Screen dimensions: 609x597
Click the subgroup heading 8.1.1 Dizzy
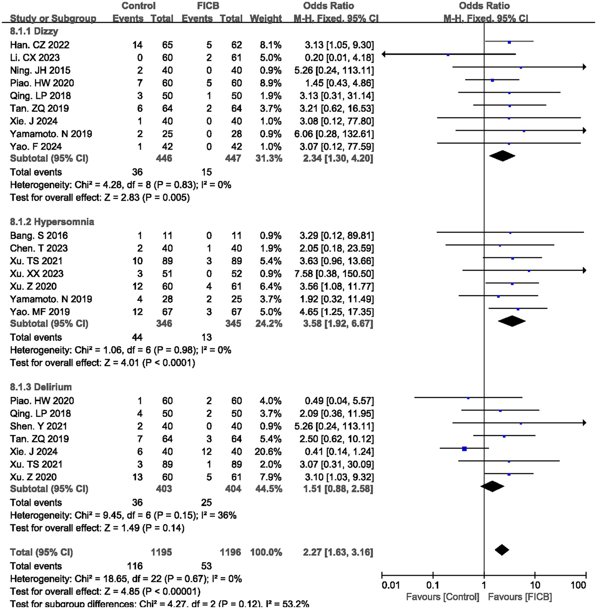(x=34, y=31)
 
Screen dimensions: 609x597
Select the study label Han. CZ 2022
(x=40, y=45)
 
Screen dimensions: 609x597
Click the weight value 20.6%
(x=270, y=451)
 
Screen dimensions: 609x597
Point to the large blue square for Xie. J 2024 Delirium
(x=464, y=449)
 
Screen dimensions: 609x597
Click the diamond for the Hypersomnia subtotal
(x=511, y=321)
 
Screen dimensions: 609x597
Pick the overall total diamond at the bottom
(x=502, y=550)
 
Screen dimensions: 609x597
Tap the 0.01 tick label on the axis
(x=390, y=585)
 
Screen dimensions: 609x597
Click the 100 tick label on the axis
(x=578, y=585)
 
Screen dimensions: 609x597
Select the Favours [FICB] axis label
(x=520, y=597)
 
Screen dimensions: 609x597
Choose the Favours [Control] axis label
(x=442, y=597)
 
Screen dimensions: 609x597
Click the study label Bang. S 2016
(x=39, y=236)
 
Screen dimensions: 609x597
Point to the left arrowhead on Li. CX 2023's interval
(x=384, y=55)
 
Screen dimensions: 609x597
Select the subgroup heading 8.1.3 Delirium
(x=41, y=387)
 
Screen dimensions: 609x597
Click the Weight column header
(x=266, y=19)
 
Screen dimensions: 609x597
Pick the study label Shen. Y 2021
(x=39, y=426)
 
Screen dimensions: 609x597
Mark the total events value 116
(x=135, y=566)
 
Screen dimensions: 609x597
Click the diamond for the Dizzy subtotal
(x=502, y=156)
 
